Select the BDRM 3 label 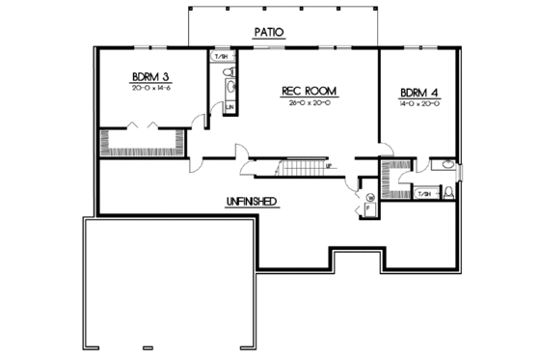coord(149,75)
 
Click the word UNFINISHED coord(253,201)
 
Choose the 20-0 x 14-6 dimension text coord(149,88)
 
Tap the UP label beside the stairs coord(329,166)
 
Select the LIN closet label coord(229,105)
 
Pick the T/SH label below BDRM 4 coord(422,194)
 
